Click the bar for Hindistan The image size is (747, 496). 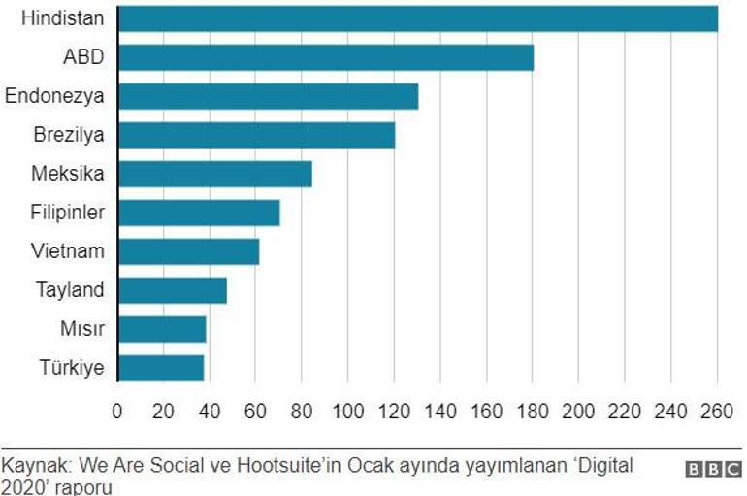click(417, 19)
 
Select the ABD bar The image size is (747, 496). click(325, 57)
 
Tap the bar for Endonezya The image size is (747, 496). click(268, 96)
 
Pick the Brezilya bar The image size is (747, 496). click(256, 135)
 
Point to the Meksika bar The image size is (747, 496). click(214, 174)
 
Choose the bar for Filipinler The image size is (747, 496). click(199, 213)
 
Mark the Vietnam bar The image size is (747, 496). click(188, 251)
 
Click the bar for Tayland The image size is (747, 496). click(172, 290)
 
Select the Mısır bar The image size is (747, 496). click(162, 329)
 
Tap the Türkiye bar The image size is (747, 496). click(161, 368)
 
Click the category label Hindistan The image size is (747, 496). click(62, 18)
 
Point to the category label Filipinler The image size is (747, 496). click(68, 213)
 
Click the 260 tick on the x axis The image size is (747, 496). click(716, 411)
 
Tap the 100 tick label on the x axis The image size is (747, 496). click(347, 411)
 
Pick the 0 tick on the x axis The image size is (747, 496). click(117, 411)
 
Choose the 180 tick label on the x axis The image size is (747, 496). click(532, 411)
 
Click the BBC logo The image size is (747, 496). click(713, 470)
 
